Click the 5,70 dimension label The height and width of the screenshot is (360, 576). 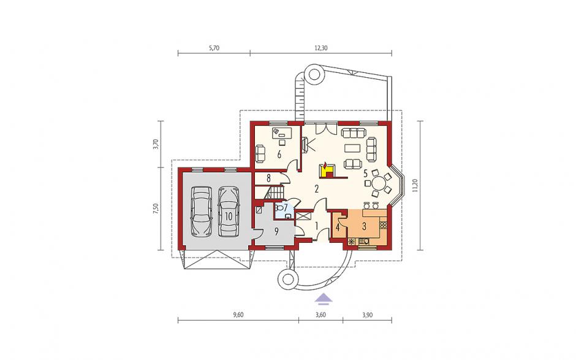pos(214,48)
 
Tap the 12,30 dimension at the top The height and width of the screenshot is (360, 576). pos(321,48)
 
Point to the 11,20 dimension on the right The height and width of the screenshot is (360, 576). pos(415,186)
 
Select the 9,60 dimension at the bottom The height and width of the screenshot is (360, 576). pos(238,315)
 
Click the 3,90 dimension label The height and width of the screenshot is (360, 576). pos(367,315)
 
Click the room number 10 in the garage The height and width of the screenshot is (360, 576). pos(229,216)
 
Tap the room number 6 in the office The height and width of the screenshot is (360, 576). pos(279,155)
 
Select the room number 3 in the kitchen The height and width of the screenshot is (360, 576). pos(364,226)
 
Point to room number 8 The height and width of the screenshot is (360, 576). pos(268,178)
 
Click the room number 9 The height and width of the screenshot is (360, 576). pos(276,231)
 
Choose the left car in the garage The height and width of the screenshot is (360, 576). pos(202,211)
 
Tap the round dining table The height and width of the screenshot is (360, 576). pos(378,182)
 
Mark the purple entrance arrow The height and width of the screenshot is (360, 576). pos(324,299)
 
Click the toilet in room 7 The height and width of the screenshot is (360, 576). pos(279,208)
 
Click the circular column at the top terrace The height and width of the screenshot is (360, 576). pos(314,74)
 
